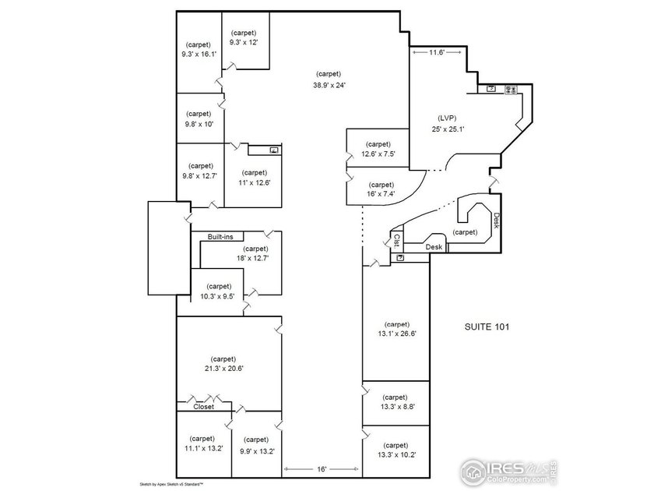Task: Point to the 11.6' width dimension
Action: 437,52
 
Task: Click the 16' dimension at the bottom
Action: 322,469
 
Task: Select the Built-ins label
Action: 220,236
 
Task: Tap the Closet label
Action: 204,406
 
